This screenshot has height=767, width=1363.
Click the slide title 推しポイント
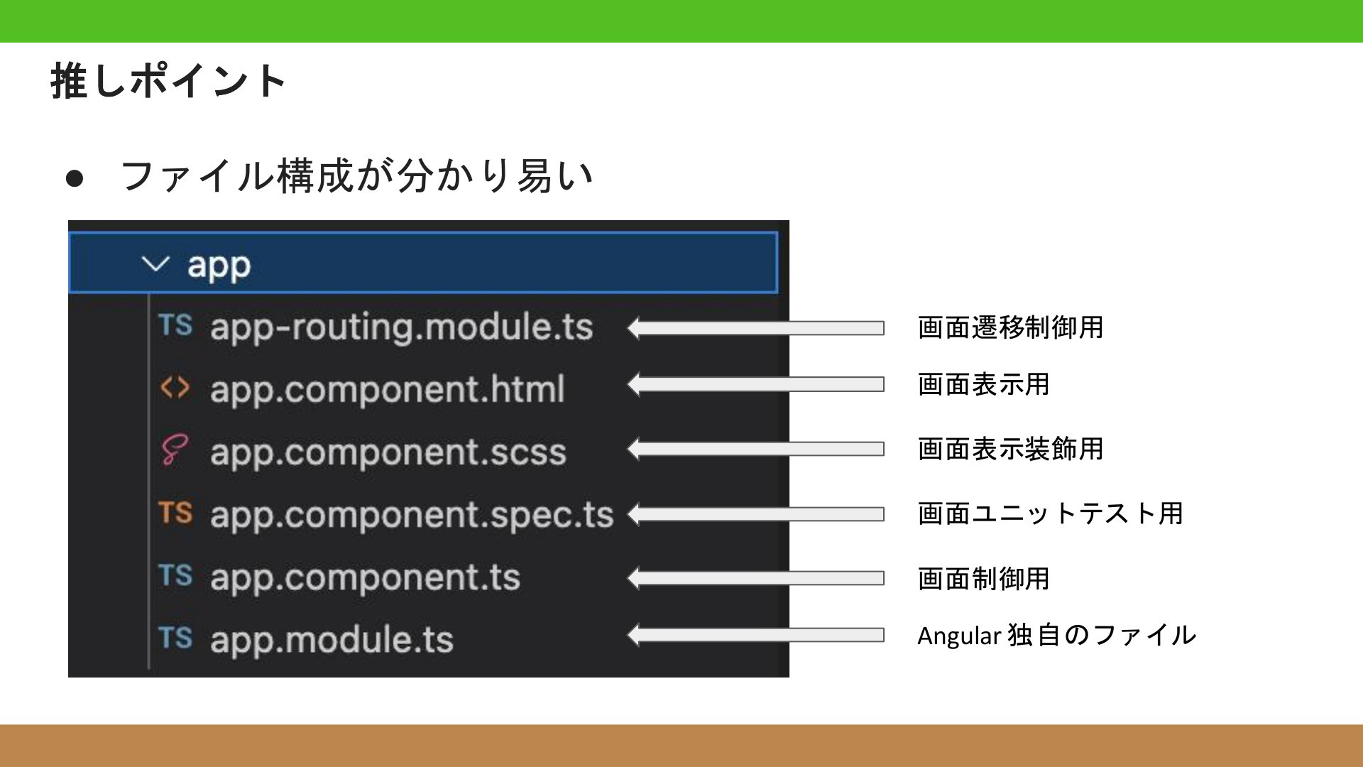[x=168, y=80]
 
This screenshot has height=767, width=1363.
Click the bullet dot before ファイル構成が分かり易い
[x=75, y=178]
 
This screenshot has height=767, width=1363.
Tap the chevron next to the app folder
[x=155, y=264]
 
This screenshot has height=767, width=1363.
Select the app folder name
[x=219, y=266]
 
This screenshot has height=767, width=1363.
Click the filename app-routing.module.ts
[x=401, y=327]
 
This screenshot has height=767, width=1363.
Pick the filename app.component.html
[x=387, y=389]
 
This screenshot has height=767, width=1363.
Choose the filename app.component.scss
[x=388, y=452]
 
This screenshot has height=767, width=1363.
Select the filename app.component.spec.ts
[x=412, y=515]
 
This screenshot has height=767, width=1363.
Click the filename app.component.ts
[x=365, y=577]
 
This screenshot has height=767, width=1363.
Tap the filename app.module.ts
[x=332, y=639]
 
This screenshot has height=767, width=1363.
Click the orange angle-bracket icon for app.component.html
[x=175, y=388]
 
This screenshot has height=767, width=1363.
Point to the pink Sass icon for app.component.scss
[x=175, y=450]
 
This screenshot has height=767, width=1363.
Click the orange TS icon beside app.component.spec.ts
[x=175, y=512]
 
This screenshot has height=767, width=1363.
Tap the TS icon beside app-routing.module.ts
[x=175, y=325]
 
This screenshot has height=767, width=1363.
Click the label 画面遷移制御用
[x=1010, y=327]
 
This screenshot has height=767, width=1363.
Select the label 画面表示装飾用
[x=1010, y=449]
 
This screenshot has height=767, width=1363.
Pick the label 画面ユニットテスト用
[x=1050, y=513]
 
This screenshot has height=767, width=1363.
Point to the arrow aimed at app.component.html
[x=756, y=384]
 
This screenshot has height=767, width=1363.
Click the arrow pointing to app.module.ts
[x=756, y=635]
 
